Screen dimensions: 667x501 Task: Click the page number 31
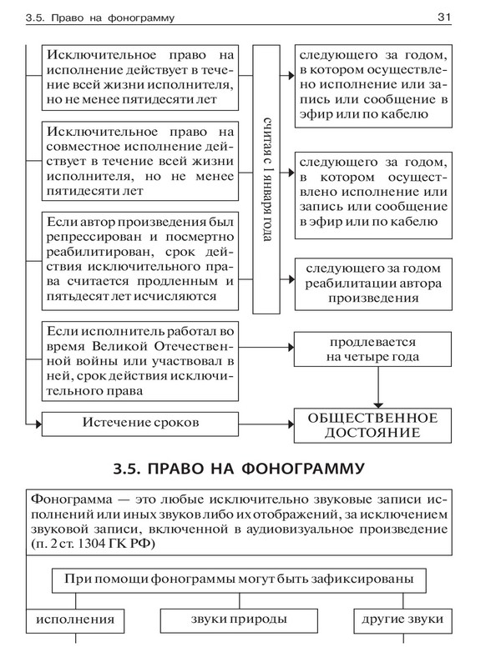point(443,17)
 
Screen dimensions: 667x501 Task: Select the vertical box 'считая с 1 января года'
point(265,180)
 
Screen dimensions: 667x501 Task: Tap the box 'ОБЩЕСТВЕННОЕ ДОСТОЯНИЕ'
point(373,424)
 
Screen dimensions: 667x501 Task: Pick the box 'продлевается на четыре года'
point(373,350)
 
